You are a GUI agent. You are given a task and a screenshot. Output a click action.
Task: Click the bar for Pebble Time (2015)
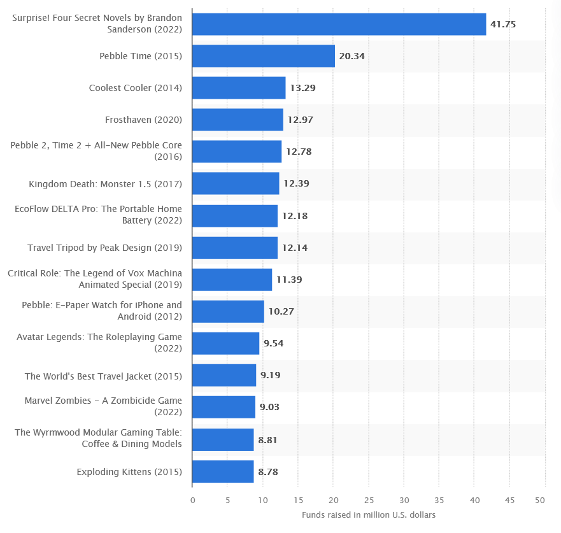(x=263, y=56)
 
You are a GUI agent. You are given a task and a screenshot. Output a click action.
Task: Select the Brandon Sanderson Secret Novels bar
(x=339, y=24)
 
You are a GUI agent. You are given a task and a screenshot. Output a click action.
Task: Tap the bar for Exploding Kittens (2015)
(x=223, y=472)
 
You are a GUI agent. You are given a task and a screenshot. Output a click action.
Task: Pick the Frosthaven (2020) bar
(x=238, y=120)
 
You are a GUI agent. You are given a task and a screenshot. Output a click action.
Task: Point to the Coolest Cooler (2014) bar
(x=239, y=88)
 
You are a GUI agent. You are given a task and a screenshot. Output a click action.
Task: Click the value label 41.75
(x=503, y=24)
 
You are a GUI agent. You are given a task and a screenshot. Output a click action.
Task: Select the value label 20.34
(x=352, y=56)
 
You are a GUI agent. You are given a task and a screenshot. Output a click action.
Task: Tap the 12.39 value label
(x=296, y=184)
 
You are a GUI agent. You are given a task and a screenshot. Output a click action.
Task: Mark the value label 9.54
(x=273, y=344)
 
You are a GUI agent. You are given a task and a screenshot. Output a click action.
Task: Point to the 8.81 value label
(x=267, y=439)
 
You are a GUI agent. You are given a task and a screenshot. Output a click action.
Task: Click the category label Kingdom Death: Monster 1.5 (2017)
(x=106, y=184)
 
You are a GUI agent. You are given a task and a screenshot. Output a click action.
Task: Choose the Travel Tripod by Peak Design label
(x=104, y=248)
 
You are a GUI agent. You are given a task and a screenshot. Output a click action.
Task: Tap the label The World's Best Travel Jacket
(x=103, y=376)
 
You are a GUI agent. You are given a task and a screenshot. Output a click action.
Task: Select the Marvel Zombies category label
(x=103, y=406)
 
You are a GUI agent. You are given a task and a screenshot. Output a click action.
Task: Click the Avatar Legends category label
(x=99, y=343)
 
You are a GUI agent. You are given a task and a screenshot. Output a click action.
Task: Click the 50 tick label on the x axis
(x=541, y=501)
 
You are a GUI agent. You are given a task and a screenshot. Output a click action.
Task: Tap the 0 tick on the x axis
(x=192, y=501)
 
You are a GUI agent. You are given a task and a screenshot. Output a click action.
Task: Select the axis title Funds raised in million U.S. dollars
(x=369, y=515)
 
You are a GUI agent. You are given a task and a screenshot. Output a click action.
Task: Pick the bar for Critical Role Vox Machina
(x=232, y=280)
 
